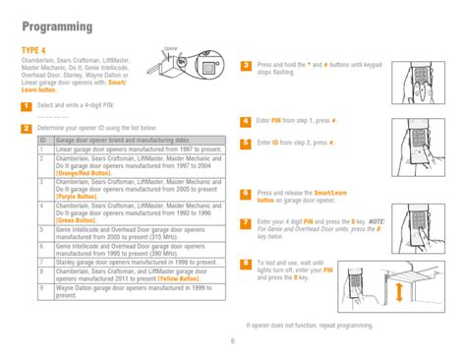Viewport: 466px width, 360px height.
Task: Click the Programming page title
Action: click(x=51, y=26)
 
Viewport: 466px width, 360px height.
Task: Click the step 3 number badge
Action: click(x=246, y=65)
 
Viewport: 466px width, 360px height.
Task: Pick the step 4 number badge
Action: click(x=246, y=120)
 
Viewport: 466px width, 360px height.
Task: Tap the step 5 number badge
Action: click(x=246, y=143)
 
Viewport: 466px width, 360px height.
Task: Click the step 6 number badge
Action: click(x=246, y=193)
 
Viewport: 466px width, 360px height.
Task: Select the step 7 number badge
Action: click(x=246, y=221)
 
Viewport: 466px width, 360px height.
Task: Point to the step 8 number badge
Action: click(x=246, y=264)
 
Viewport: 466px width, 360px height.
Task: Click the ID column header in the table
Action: click(x=43, y=140)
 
